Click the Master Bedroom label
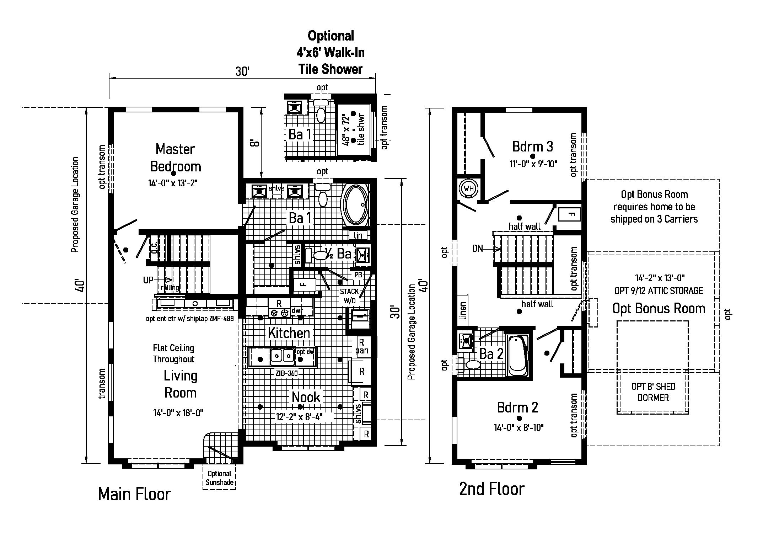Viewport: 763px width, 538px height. coord(176,158)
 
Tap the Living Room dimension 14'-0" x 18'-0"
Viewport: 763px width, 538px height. coord(178,413)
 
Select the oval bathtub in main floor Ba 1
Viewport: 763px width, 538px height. coord(355,204)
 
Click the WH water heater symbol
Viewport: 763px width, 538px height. coord(469,188)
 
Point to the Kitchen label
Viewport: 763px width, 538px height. coord(289,333)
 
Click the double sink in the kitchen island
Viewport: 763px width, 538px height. coord(282,356)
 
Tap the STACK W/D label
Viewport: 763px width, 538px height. coord(349,296)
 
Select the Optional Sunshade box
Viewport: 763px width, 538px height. coord(219,478)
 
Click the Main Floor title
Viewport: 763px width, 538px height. coord(134,494)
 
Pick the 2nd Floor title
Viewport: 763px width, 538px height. coord(492,489)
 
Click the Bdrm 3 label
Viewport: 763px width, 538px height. coord(532,146)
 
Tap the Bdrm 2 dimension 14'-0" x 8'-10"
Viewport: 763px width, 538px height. coord(518,427)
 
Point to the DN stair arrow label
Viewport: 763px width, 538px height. coord(478,249)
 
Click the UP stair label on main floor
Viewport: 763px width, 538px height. coord(148,280)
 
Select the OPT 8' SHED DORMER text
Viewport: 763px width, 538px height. coord(653,392)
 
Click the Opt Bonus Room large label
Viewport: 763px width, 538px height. coord(659,308)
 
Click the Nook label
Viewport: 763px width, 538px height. coord(306,397)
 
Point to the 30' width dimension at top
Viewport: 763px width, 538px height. coord(242,71)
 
